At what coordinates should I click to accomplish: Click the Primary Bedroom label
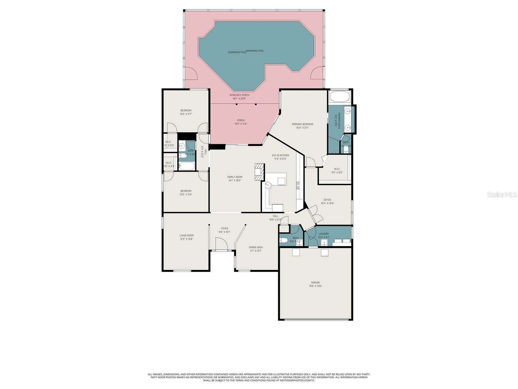(x=302, y=124)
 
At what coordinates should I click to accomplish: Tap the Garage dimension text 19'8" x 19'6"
(x=316, y=286)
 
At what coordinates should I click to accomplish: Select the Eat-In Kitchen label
(x=280, y=156)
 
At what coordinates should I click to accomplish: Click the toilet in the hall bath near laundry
(x=284, y=241)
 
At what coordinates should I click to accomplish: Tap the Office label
(x=327, y=200)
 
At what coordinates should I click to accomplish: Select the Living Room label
(x=186, y=236)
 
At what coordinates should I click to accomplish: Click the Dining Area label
(x=256, y=247)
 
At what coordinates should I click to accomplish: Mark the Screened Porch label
(x=239, y=95)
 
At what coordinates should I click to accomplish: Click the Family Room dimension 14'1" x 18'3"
(x=234, y=181)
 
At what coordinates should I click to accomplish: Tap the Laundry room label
(x=324, y=234)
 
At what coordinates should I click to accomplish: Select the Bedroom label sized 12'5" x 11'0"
(x=186, y=191)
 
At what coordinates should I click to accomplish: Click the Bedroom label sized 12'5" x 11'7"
(x=186, y=111)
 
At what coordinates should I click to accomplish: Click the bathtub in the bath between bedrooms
(x=186, y=166)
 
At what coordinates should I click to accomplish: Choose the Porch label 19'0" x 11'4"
(x=241, y=120)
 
